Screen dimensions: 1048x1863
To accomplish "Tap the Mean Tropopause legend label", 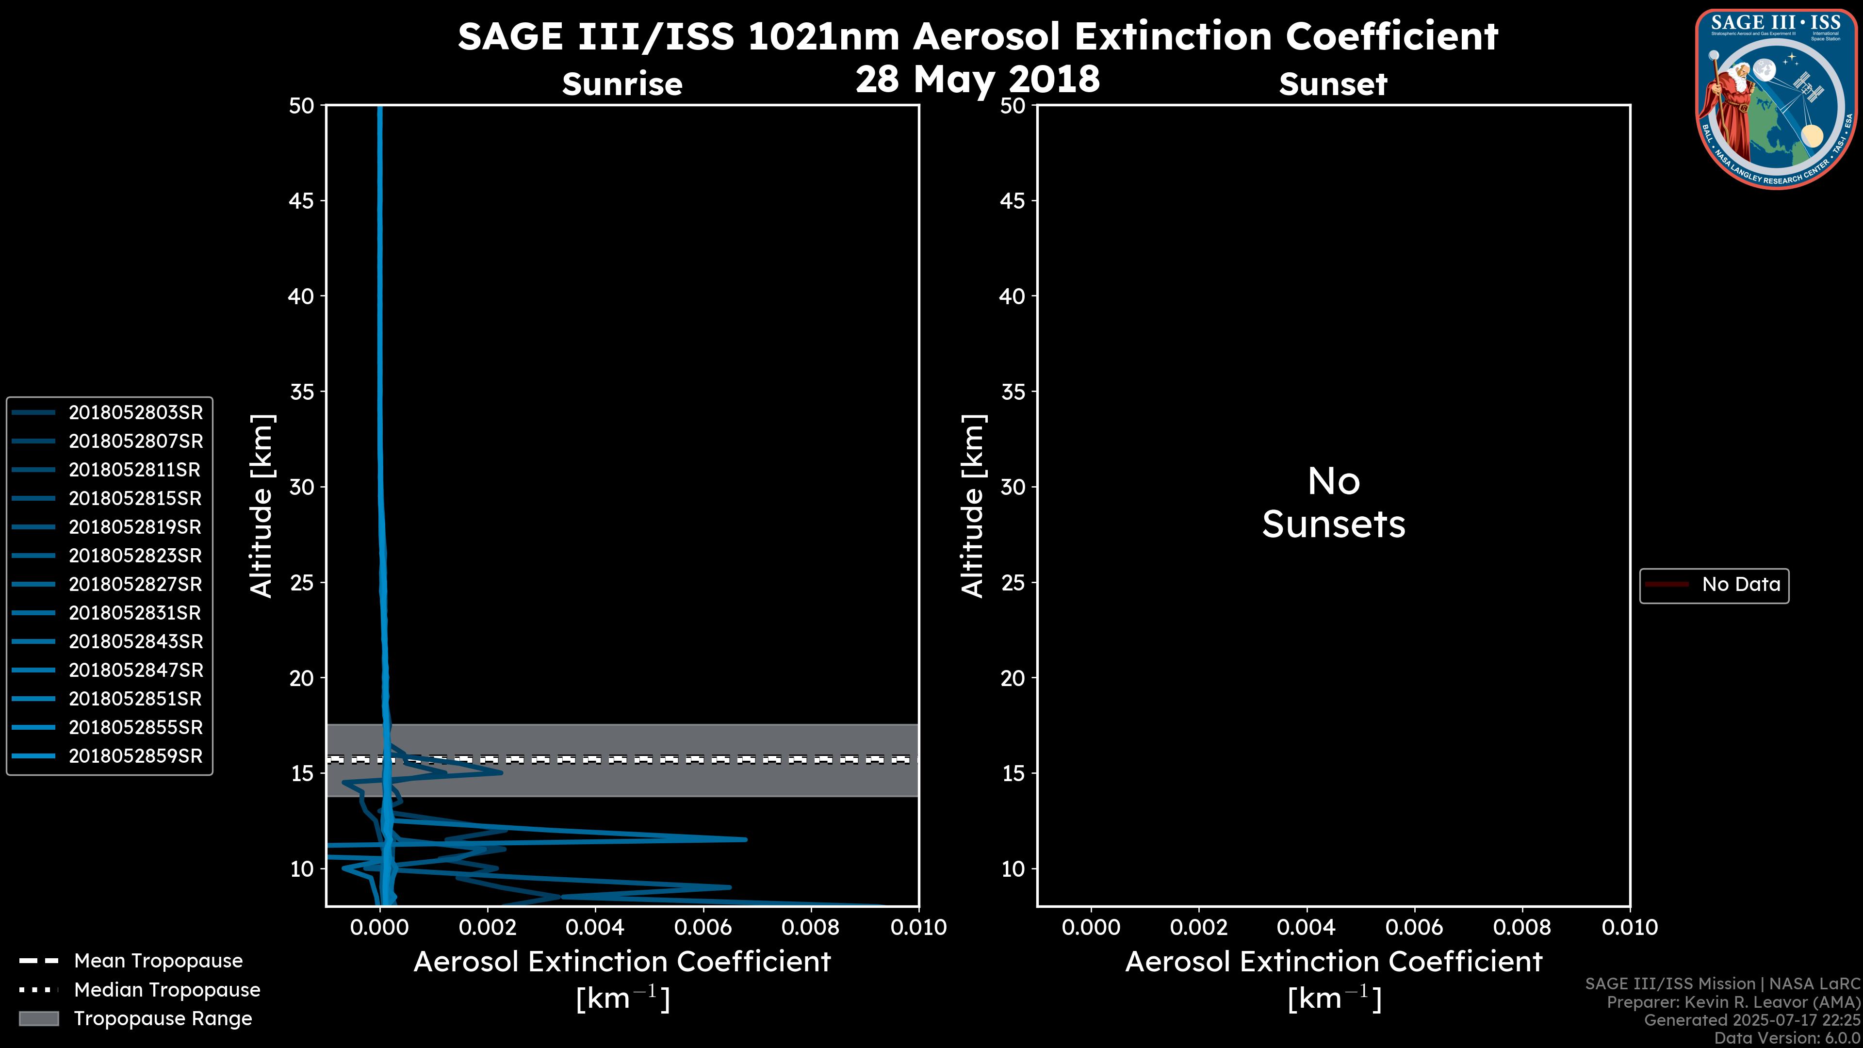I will pos(158,961).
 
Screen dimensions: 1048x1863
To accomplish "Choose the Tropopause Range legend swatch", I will pos(39,1018).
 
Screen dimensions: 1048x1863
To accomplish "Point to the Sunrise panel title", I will pos(622,84).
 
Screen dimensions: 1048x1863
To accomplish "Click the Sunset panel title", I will pos(1333,84).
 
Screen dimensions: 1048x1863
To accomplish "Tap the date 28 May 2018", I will pos(977,79).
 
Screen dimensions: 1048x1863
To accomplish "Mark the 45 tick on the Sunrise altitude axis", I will pos(302,201).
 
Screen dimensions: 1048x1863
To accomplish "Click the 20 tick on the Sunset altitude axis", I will pos(1013,678).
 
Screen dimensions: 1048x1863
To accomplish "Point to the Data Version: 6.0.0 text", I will pos(1786,1038).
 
